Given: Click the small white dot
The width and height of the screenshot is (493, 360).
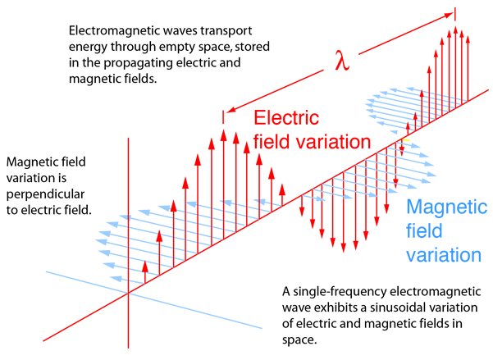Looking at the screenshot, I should coord(401,133).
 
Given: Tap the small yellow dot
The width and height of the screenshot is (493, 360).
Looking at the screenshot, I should coord(408,139).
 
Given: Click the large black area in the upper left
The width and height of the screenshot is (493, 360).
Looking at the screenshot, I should coord(123,66).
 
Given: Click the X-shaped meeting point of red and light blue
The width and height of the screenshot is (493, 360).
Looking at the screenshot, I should coord(126,290).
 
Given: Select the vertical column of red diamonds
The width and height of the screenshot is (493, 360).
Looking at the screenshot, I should coord(128,246).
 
